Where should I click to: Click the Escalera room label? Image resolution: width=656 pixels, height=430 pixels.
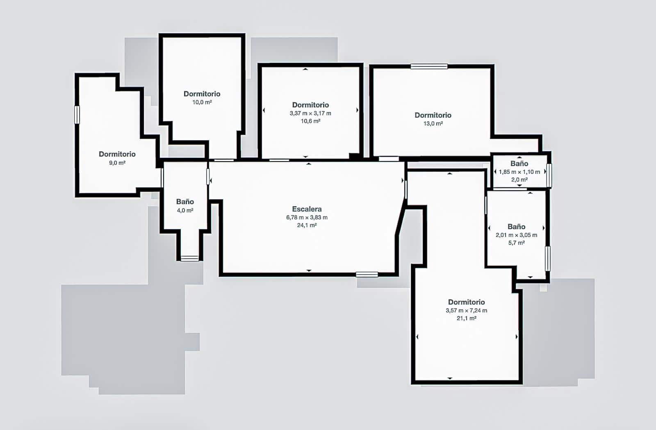click(x=307, y=209)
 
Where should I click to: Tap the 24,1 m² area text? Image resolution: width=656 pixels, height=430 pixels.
click(x=307, y=225)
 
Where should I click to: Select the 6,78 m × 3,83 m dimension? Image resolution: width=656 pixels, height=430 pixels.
click(x=307, y=218)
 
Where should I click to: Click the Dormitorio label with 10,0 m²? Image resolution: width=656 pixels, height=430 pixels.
click(x=202, y=94)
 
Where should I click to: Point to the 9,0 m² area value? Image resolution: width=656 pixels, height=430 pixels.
click(x=117, y=163)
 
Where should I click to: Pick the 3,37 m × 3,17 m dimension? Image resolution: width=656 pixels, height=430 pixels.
click(x=310, y=113)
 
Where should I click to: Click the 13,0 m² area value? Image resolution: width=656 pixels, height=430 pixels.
click(x=433, y=123)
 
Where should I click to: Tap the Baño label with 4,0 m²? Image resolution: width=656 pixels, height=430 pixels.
click(x=185, y=202)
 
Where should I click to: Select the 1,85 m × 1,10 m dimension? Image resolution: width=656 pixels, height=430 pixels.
click(x=519, y=172)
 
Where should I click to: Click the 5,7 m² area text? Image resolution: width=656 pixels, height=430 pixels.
click(x=516, y=243)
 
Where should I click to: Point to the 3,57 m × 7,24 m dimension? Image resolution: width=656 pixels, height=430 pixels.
click(x=466, y=310)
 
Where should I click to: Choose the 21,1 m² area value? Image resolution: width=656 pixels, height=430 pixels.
click(x=466, y=318)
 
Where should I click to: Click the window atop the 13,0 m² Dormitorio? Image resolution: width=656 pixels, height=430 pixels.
click(x=429, y=66)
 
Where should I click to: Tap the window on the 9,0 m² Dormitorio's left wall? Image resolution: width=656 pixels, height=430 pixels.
click(x=77, y=115)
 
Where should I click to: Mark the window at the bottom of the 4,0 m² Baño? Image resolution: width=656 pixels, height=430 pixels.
click(x=189, y=258)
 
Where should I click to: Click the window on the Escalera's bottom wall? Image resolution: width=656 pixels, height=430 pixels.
click(x=367, y=275)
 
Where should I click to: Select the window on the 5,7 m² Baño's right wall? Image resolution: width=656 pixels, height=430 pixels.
click(x=547, y=258)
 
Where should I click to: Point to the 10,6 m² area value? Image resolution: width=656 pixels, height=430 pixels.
click(x=310, y=121)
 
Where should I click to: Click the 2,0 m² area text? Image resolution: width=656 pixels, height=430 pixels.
click(x=519, y=180)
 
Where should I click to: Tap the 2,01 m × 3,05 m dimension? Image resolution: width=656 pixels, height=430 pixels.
click(x=516, y=235)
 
